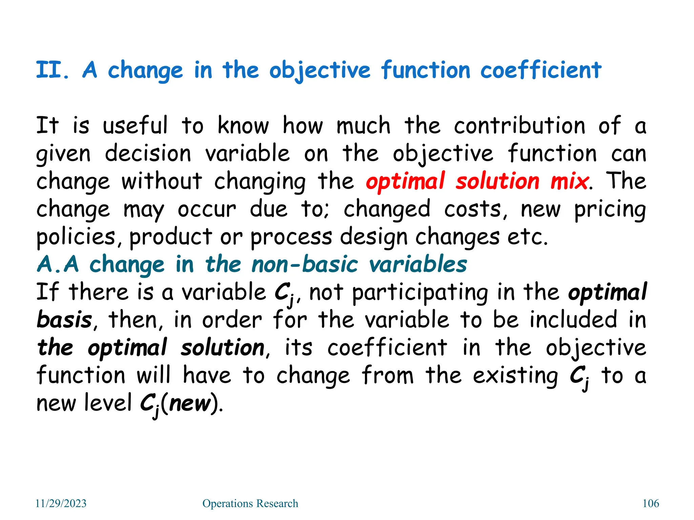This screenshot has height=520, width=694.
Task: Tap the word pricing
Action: click(x=610, y=210)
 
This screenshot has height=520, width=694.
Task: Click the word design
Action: click(x=374, y=237)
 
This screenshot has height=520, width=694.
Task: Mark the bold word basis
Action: click(x=64, y=320)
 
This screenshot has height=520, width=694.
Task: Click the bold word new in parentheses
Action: click(x=190, y=403)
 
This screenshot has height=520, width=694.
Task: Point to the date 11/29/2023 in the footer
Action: click(x=61, y=503)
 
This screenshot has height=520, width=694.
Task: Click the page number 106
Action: click(x=651, y=503)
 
